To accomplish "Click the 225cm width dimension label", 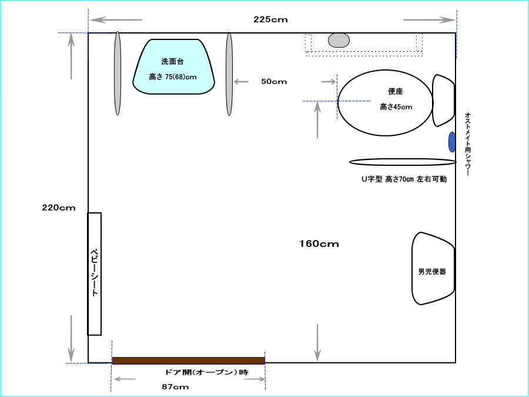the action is click(270, 19).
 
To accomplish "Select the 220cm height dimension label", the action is click(59, 208).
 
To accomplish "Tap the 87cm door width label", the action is click(175, 387).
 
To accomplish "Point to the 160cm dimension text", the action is click(319, 243).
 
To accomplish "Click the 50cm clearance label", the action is click(274, 82).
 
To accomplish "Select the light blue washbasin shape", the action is click(173, 66).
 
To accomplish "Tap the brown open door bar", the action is click(189, 361).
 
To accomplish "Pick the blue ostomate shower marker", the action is click(452, 142).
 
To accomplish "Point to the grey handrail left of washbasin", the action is click(118, 74).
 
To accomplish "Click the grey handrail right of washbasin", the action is click(229, 74).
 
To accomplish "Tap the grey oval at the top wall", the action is click(339, 40).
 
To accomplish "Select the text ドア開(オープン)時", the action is click(207, 372).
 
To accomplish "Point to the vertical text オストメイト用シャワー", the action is click(468, 144).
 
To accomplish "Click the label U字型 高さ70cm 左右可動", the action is click(404, 179).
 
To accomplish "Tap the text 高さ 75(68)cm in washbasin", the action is click(173, 77).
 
